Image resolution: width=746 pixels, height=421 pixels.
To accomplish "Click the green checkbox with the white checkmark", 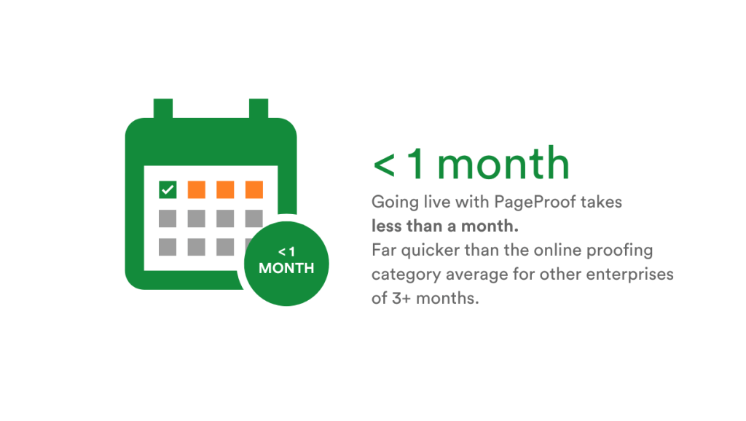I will click(168, 189).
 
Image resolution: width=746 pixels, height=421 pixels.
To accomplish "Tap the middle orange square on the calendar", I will click(225, 189).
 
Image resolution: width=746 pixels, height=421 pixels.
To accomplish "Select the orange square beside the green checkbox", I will click(197, 189).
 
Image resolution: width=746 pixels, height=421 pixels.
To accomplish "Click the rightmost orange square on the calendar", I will click(254, 189).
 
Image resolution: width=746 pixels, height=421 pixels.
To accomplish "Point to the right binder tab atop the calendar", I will click(259, 109).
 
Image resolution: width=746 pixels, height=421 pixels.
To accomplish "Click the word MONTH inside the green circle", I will click(286, 268).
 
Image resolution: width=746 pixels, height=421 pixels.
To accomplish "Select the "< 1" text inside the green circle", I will click(286, 251).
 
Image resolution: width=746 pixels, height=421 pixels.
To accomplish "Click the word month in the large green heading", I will click(503, 164).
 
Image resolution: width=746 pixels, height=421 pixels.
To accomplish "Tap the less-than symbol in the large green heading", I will click(383, 165).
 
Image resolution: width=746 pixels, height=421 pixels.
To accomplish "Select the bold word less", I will click(388, 226).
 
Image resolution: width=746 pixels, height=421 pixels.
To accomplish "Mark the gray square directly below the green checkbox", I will click(168, 218).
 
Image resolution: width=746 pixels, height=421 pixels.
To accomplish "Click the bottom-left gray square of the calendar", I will click(168, 246).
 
